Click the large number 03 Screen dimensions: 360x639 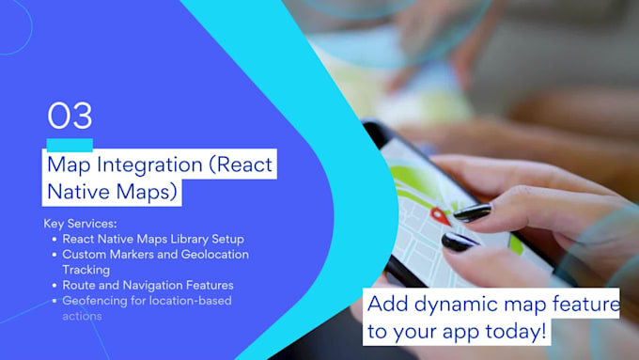coord(70,116)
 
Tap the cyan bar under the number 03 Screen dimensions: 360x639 coord(70,143)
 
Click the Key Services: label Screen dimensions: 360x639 coord(81,224)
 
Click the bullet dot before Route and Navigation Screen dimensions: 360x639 coord(54,285)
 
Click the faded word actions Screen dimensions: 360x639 coord(83,316)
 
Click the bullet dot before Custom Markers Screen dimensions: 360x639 coord(54,254)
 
